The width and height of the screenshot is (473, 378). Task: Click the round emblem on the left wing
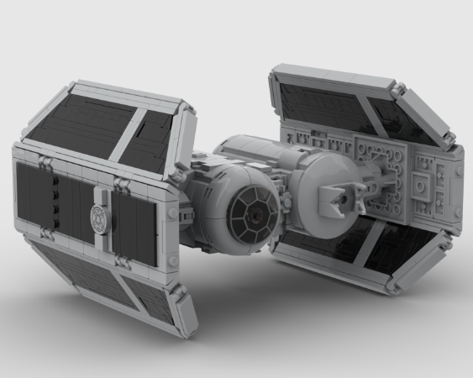coord(100,215)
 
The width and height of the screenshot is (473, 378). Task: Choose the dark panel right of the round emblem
coord(134,223)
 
